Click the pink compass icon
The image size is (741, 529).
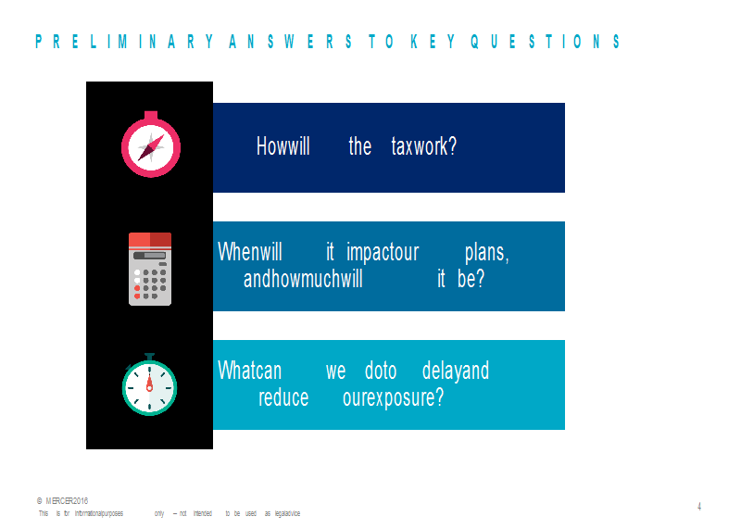(x=151, y=145)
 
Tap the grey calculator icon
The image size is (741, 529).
(x=150, y=269)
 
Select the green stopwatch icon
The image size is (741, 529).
(x=149, y=384)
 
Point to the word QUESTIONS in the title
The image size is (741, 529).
(x=545, y=42)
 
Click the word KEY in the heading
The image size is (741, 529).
(x=433, y=42)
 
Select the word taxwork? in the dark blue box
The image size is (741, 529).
(x=424, y=146)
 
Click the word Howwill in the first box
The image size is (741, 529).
(x=283, y=145)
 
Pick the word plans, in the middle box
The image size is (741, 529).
(x=487, y=252)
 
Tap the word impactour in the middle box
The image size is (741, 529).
(x=383, y=252)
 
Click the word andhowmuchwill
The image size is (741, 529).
(x=303, y=279)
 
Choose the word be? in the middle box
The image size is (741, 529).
(x=471, y=279)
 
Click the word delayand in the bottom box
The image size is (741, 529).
(x=456, y=371)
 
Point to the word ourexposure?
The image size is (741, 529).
(x=393, y=398)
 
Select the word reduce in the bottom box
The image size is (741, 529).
(x=283, y=397)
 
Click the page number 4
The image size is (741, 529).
(x=699, y=507)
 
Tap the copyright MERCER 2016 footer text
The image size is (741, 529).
(x=62, y=501)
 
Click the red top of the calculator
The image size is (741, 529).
(x=150, y=240)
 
